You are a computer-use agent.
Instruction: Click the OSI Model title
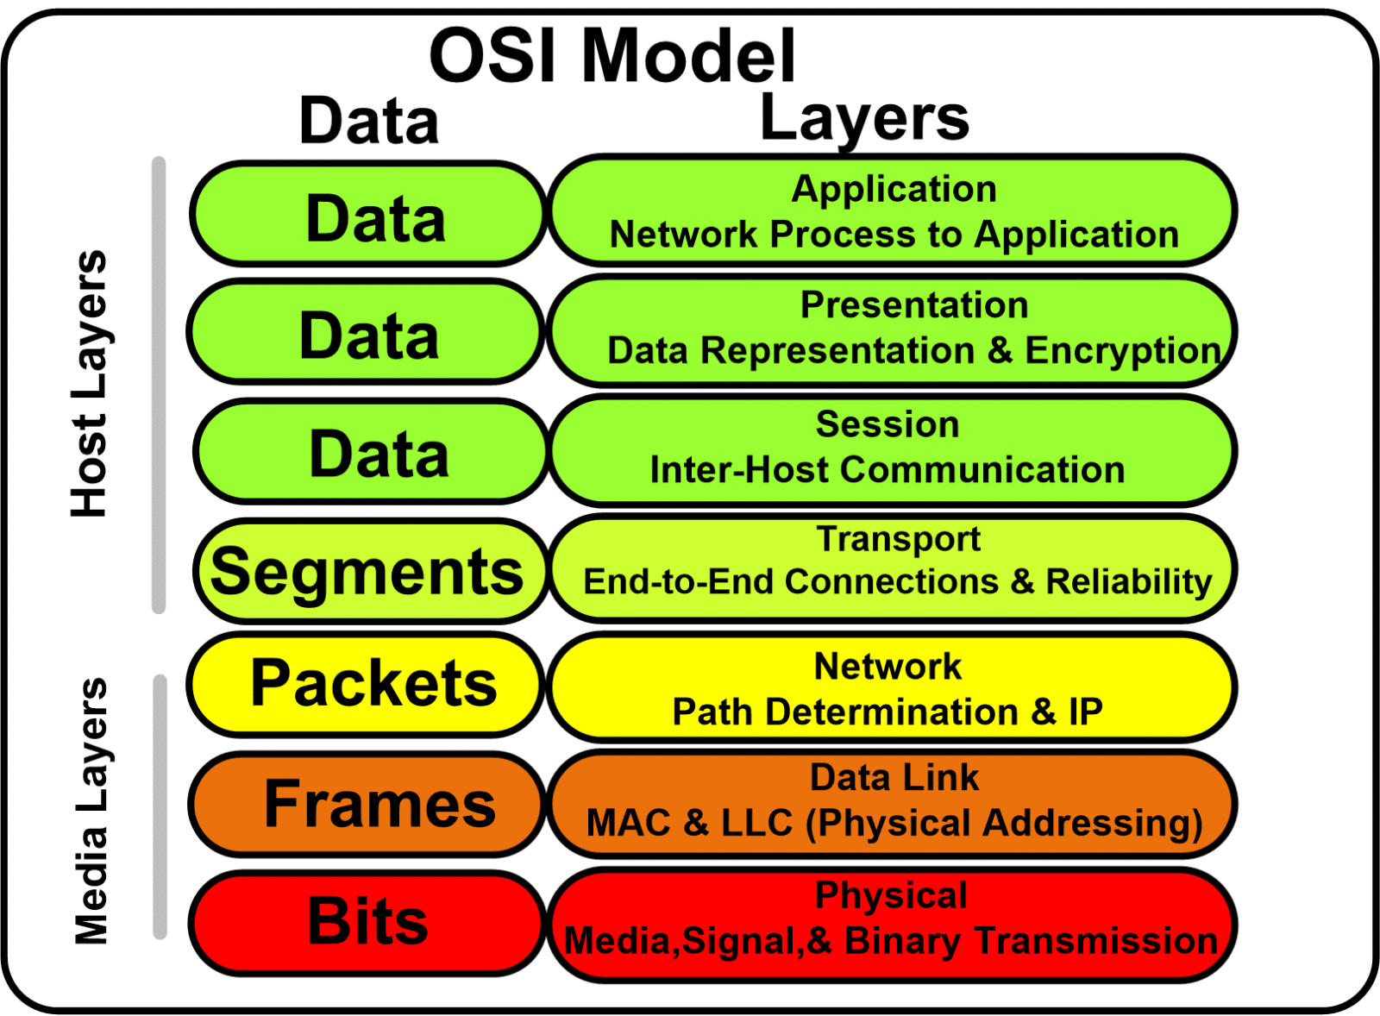click(612, 56)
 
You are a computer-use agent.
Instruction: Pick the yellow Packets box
click(367, 684)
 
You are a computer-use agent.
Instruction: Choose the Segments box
click(369, 571)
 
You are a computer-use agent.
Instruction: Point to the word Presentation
click(914, 305)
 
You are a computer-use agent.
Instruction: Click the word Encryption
click(1122, 351)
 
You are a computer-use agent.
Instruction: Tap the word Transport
click(898, 539)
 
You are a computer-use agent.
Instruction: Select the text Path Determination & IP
click(887, 712)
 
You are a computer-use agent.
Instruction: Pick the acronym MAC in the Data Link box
click(628, 823)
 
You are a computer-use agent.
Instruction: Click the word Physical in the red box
click(891, 895)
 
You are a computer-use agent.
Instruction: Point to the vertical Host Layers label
click(90, 384)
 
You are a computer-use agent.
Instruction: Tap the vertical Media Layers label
click(91, 811)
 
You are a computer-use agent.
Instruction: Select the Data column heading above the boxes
click(368, 122)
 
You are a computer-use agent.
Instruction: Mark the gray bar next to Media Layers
click(160, 806)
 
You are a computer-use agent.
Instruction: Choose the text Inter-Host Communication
click(887, 471)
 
